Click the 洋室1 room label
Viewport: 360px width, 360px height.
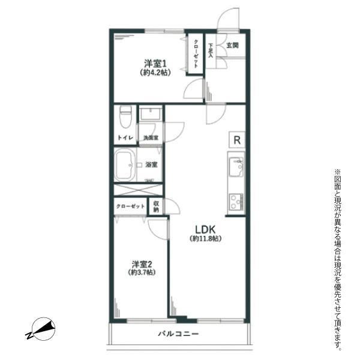(155, 63)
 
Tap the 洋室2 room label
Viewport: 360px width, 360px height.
(142, 264)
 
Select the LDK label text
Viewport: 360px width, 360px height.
(205, 229)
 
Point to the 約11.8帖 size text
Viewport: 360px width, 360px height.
(205, 239)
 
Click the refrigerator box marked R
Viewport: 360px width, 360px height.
(237, 140)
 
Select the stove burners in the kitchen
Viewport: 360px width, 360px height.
(236, 202)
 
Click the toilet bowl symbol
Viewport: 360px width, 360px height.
(125, 117)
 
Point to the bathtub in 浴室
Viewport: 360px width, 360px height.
(125, 164)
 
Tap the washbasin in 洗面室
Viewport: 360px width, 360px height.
(151, 113)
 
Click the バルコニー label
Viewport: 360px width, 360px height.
(178, 334)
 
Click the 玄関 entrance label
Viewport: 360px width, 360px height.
(232, 45)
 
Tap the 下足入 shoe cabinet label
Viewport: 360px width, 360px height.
(211, 50)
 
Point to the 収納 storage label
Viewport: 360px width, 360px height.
(156, 206)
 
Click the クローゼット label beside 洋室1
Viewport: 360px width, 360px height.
(196, 54)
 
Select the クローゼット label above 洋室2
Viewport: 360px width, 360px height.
(130, 206)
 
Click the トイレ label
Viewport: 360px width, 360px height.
(125, 138)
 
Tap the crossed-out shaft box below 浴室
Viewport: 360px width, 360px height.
(138, 190)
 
